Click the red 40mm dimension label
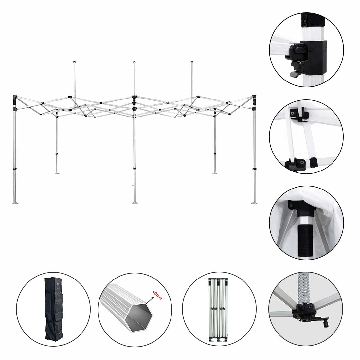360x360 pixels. pyautogui.click(x=157, y=295)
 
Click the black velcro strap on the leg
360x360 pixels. pyautogui.click(x=305, y=240)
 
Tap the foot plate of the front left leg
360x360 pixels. pyautogui.click(x=15, y=203)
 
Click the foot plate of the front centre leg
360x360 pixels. pyautogui.click(x=135, y=202)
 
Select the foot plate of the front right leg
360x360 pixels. pyautogui.click(x=254, y=202)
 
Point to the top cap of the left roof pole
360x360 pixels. pyautogui.click(x=74, y=62)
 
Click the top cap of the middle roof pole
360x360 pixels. pyautogui.click(x=134, y=62)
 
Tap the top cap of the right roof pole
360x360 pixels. pyautogui.click(x=192, y=62)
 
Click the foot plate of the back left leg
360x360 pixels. pyautogui.click(x=57, y=173)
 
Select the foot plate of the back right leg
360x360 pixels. pyautogui.click(x=215, y=173)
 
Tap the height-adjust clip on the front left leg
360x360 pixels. pyautogui.click(x=15, y=170)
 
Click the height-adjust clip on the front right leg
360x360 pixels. pyautogui.click(x=254, y=169)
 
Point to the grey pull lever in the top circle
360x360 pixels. pyautogui.click(x=294, y=74)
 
